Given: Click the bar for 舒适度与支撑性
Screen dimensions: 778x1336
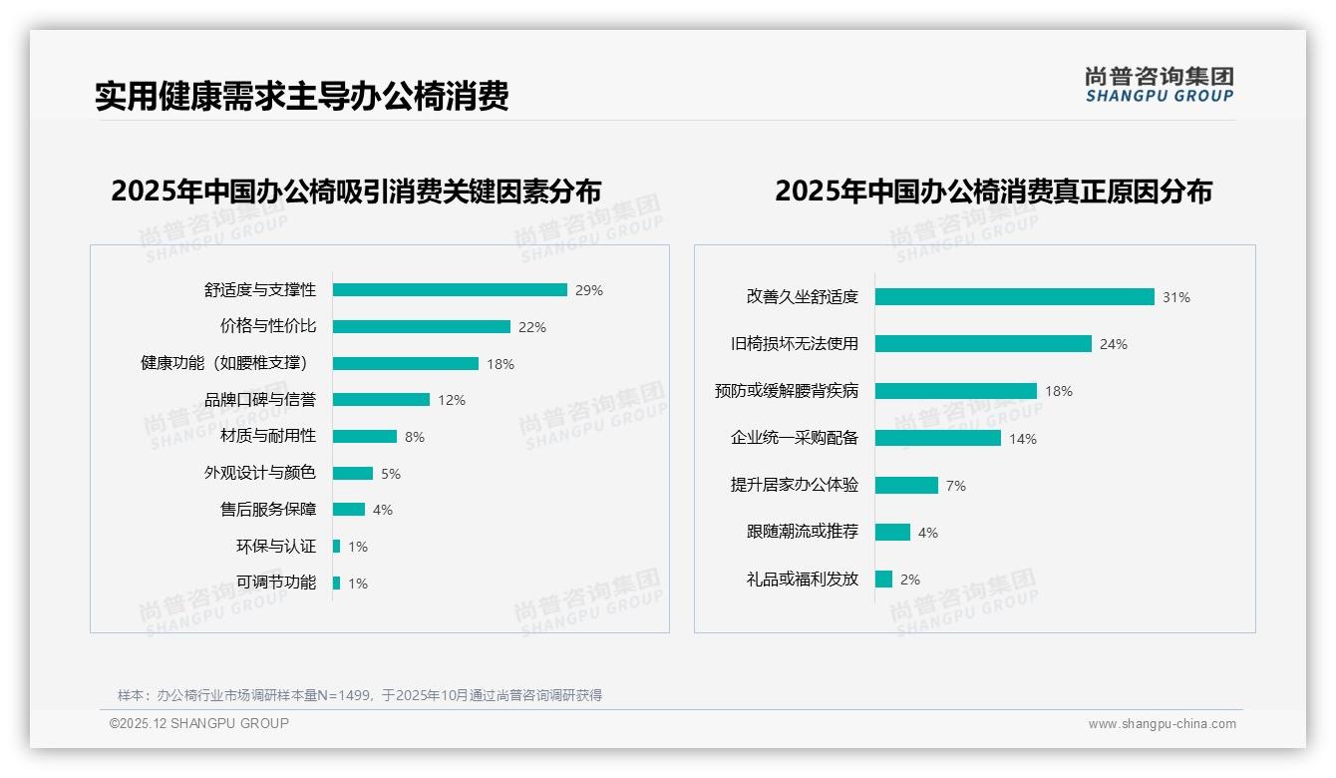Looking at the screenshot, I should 450,290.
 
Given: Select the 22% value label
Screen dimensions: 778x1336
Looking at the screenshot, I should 532,327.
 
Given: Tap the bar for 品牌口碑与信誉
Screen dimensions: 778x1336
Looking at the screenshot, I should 381,400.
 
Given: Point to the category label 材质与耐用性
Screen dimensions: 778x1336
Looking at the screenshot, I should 268,436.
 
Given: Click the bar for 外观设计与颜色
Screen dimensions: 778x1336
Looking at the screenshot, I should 353,473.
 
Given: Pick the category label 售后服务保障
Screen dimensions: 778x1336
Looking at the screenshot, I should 268,510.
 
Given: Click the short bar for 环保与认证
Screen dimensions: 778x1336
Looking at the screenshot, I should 337,547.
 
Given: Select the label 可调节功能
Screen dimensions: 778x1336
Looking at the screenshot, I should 276,583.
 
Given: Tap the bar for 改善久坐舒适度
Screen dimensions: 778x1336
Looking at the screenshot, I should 1014,296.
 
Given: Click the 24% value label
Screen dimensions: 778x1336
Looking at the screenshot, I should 1114,344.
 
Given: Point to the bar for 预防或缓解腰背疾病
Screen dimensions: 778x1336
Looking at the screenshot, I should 956,391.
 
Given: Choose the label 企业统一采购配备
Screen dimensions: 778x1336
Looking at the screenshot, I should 795,438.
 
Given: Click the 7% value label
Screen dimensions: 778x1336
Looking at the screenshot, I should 956,486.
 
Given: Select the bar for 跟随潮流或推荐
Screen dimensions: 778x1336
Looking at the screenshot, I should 892,533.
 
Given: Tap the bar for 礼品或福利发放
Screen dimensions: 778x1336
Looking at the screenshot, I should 883,580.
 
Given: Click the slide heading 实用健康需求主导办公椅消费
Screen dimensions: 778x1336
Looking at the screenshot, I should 302,97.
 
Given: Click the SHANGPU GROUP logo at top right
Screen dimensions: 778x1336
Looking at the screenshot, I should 1160,85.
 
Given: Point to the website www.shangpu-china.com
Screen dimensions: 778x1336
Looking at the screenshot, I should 1162,724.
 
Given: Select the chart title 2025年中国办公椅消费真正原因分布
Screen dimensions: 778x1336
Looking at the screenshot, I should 993,192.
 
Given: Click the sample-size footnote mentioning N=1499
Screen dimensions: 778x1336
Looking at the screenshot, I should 360,695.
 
